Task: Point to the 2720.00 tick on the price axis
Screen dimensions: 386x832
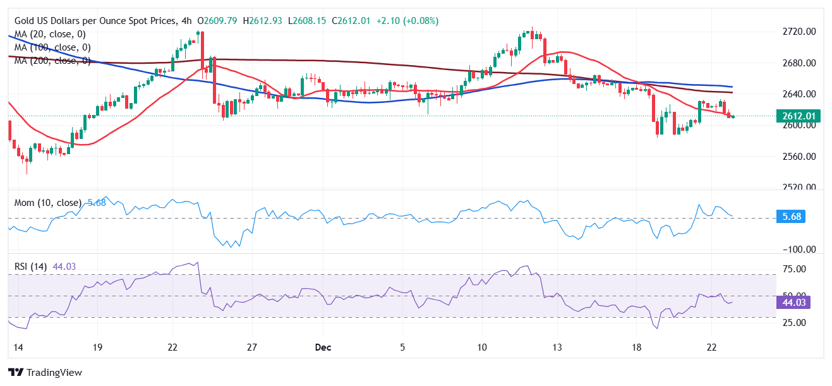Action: pyautogui.click(x=798, y=32)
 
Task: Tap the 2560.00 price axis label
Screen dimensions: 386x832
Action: pyautogui.click(x=798, y=156)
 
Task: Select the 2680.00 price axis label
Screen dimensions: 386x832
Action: pyautogui.click(x=798, y=63)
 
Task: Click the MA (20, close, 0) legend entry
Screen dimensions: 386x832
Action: pyautogui.click(x=50, y=34)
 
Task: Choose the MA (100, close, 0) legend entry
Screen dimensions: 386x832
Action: pyautogui.click(x=52, y=47)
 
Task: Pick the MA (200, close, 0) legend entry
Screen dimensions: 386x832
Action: pyautogui.click(x=52, y=61)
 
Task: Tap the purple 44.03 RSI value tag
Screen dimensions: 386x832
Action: pyautogui.click(x=792, y=302)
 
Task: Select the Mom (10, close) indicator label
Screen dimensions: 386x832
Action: pyautogui.click(x=48, y=203)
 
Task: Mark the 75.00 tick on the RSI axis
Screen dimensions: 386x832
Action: pyautogui.click(x=795, y=269)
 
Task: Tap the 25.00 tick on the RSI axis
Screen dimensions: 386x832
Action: pyautogui.click(x=795, y=322)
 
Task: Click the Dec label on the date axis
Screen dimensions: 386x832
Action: pyautogui.click(x=323, y=347)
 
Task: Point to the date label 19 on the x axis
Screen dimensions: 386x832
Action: pyautogui.click(x=97, y=347)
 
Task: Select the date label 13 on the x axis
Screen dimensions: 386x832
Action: pyautogui.click(x=558, y=347)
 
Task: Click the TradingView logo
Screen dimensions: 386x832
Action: pyautogui.click(x=45, y=373)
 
